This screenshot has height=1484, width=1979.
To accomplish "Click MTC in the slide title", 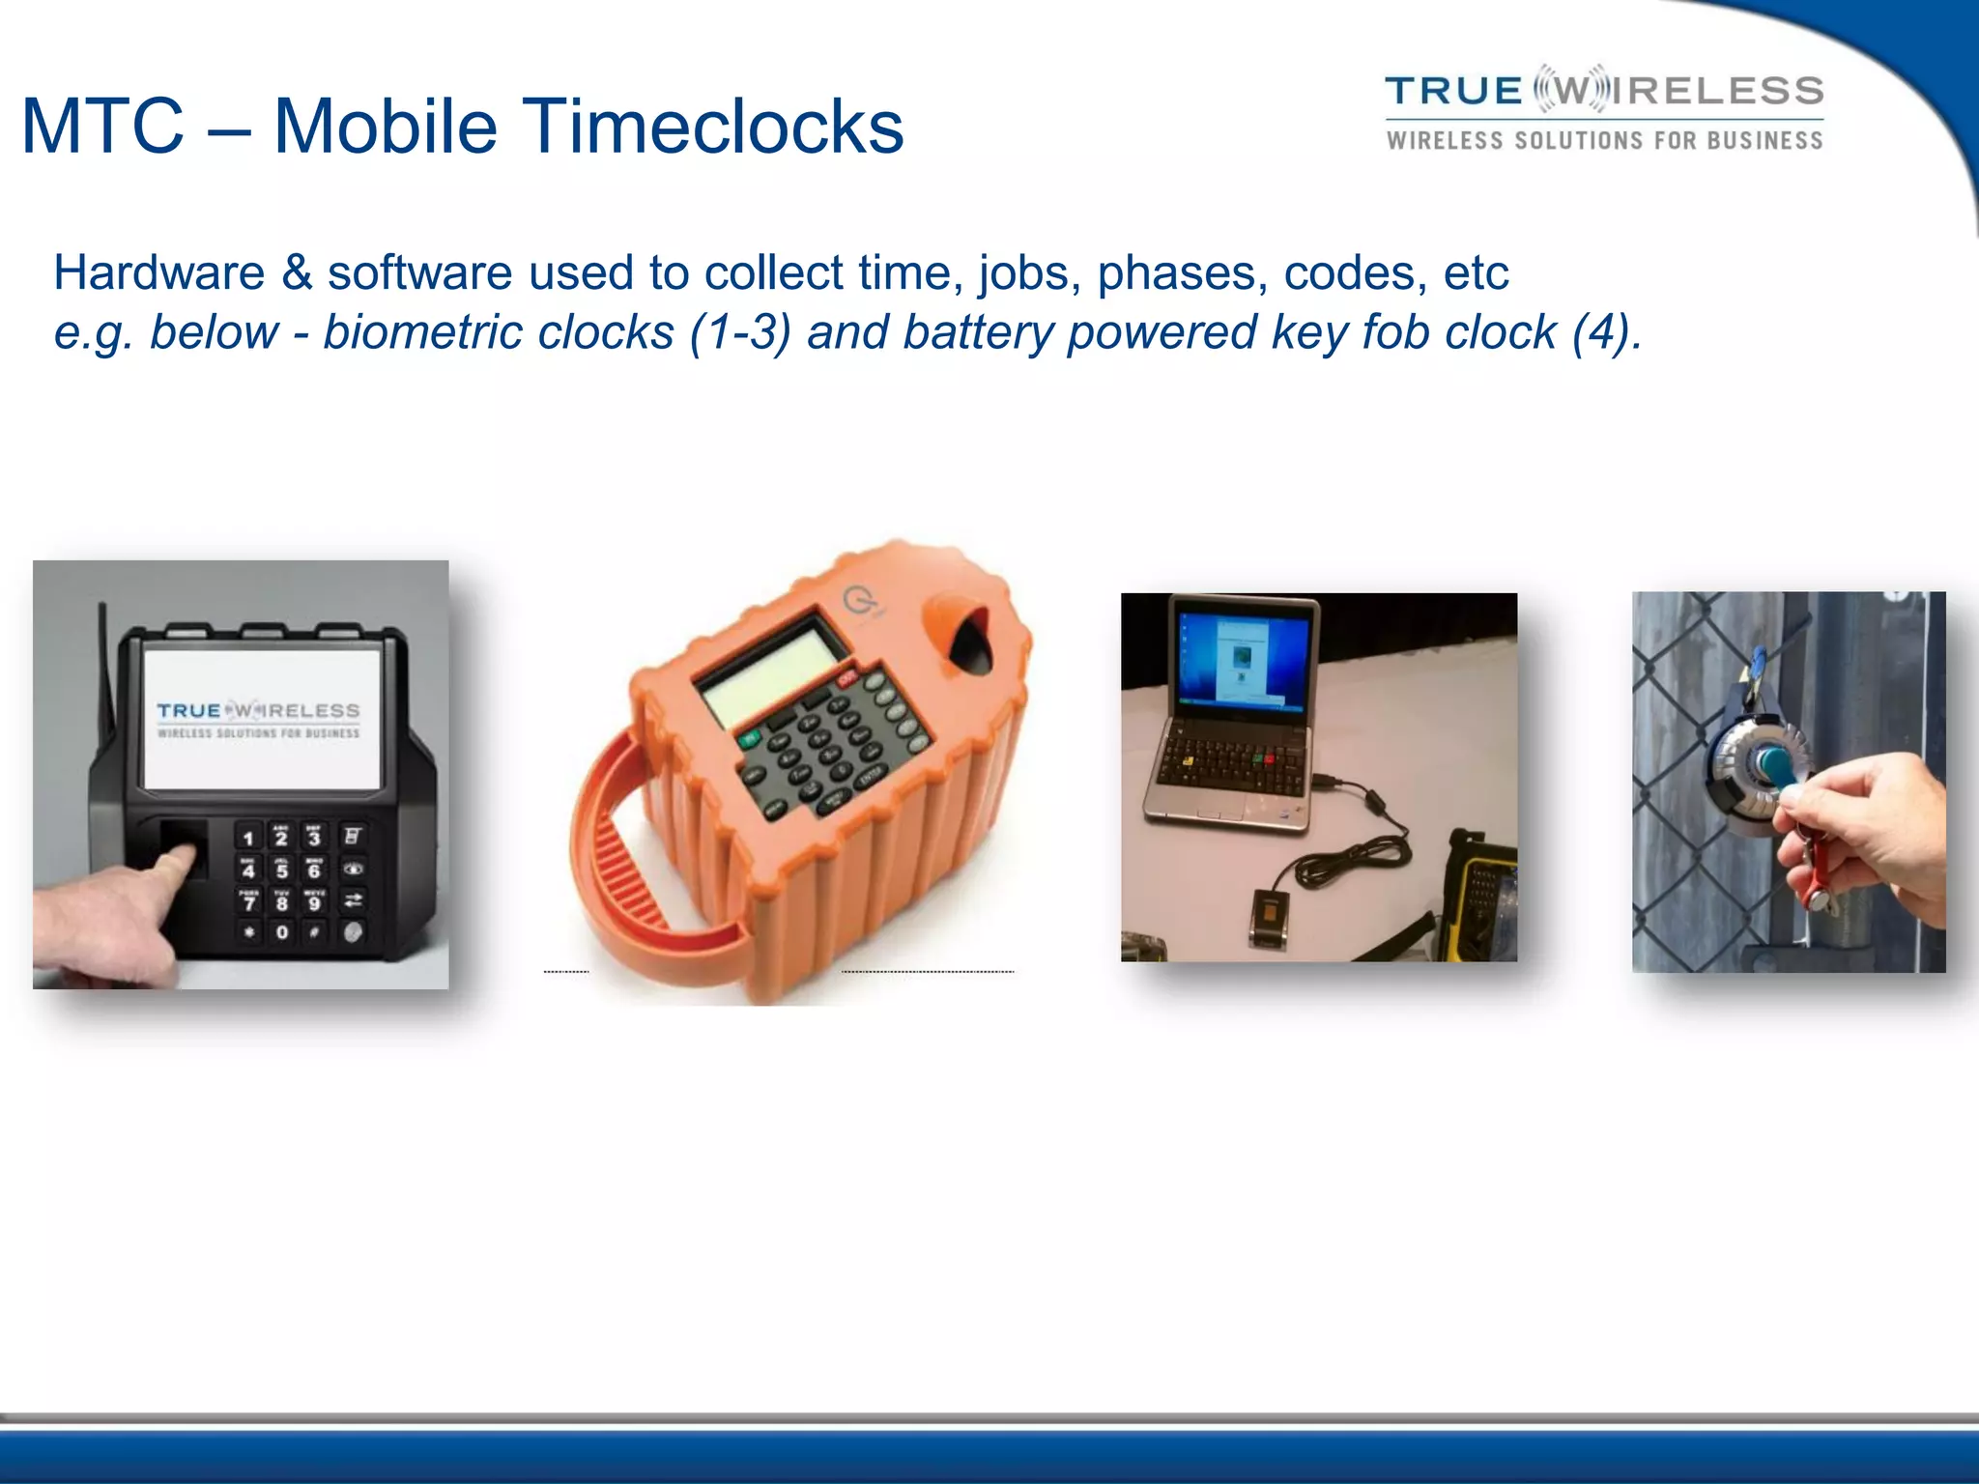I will click(101, 126).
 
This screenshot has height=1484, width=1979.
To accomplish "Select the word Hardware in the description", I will click(158, 272).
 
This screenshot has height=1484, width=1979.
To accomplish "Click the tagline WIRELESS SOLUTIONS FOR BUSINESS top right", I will click(1604, 141).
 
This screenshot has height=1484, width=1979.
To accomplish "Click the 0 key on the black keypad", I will click(281, 932).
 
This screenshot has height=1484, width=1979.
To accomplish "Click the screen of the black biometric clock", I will click(259, 720).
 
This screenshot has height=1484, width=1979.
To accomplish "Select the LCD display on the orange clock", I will click(768, 669).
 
